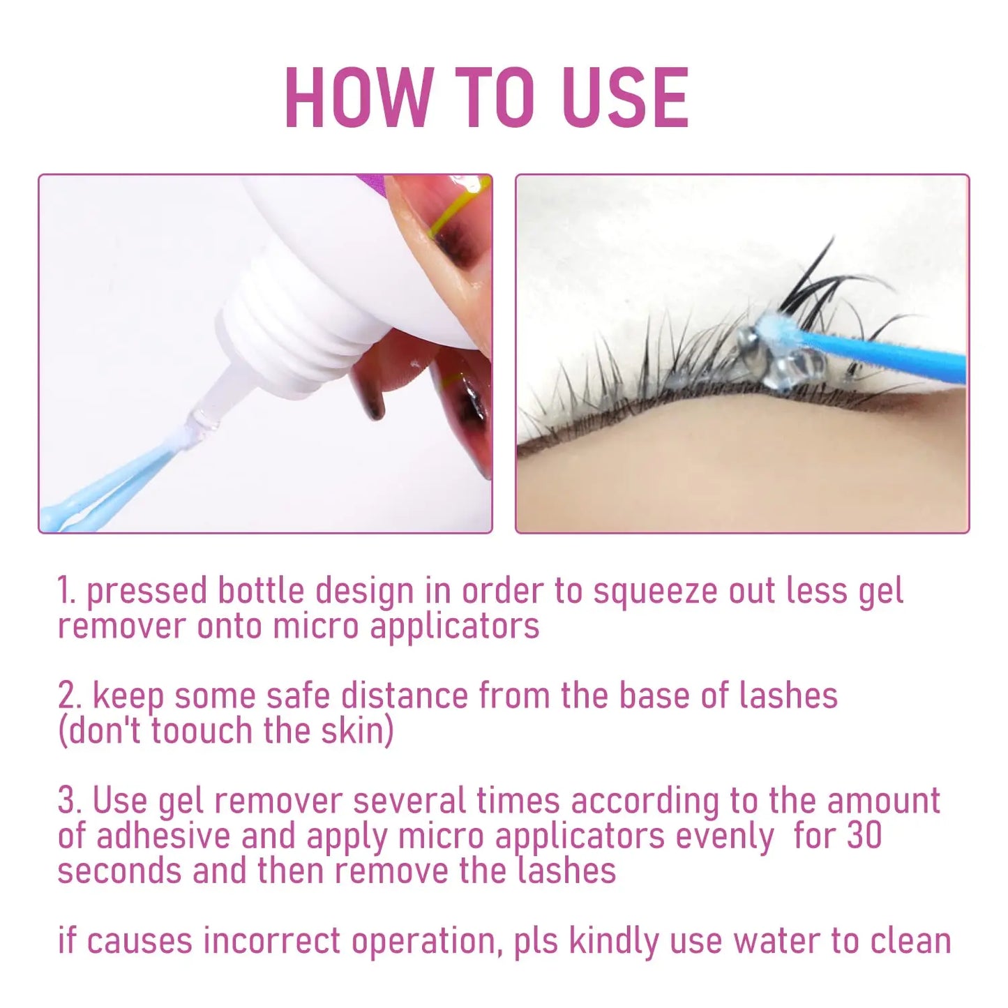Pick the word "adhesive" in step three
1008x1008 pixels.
point(163,836)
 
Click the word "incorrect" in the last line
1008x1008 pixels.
point(272,941)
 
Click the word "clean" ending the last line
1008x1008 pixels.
point(911,941)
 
